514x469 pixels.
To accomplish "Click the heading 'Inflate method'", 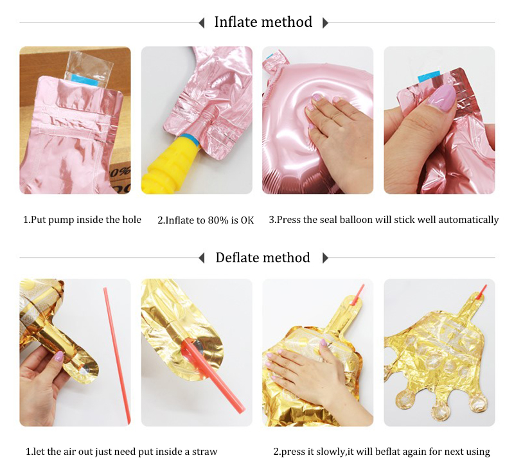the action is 263,22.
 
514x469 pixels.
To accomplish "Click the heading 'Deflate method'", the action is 263,258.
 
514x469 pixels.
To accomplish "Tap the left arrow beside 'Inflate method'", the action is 202,23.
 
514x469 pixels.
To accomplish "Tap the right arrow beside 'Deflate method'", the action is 325,258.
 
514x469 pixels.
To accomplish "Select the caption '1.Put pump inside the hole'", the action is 82,220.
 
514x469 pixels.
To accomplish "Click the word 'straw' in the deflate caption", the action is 204,452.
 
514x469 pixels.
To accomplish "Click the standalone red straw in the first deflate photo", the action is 117,355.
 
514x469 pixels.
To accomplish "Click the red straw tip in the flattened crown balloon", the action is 481,292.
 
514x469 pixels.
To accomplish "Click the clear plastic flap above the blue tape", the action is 89,63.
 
